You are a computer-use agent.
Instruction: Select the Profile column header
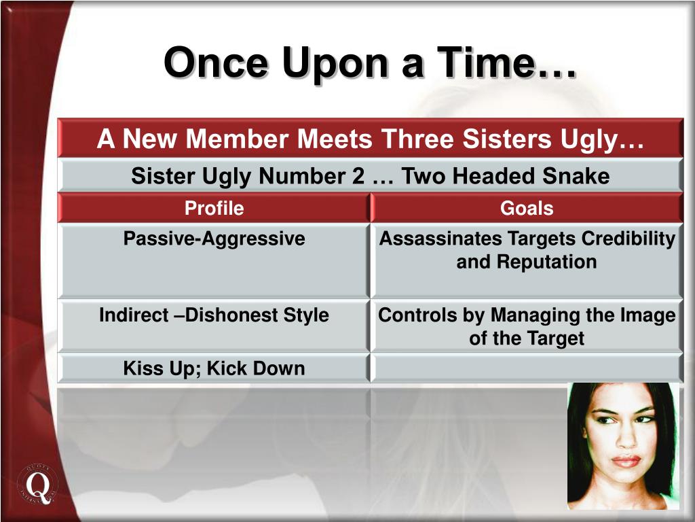[214, 208]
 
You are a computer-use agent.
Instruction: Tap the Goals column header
[527, 208]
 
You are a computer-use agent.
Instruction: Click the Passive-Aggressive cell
[214, 260]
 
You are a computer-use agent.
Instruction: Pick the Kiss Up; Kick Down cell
[214, 368]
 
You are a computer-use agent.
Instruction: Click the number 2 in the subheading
[358, 176]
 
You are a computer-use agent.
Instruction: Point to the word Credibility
[628, 239]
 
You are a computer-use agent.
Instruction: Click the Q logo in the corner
[38, 484]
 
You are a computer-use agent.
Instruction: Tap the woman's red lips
[626, 461]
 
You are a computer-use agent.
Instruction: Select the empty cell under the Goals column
[527, 368]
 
